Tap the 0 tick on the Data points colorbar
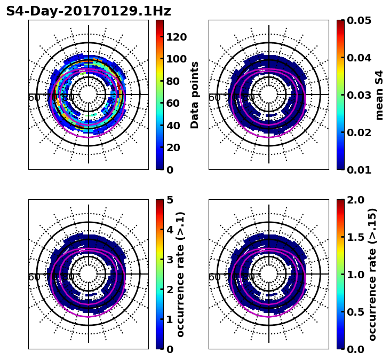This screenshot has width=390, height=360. click(170, 170)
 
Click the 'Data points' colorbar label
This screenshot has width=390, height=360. click(195, 95)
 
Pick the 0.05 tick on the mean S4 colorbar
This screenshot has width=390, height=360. click(359, 20)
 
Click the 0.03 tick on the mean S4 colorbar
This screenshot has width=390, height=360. click(359, 95)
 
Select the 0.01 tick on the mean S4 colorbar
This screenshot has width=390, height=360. click(359, 170)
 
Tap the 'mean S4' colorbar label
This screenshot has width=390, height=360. click(379, 95)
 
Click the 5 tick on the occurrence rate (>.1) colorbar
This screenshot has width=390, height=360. click(170, 200)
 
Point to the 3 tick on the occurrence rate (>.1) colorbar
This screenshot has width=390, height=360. click(170, 260)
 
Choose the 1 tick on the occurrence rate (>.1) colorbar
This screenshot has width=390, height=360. click(170, 319)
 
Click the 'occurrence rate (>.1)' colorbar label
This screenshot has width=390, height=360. click(180, 274)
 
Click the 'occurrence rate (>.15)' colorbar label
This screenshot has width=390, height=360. click(372, 274)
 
